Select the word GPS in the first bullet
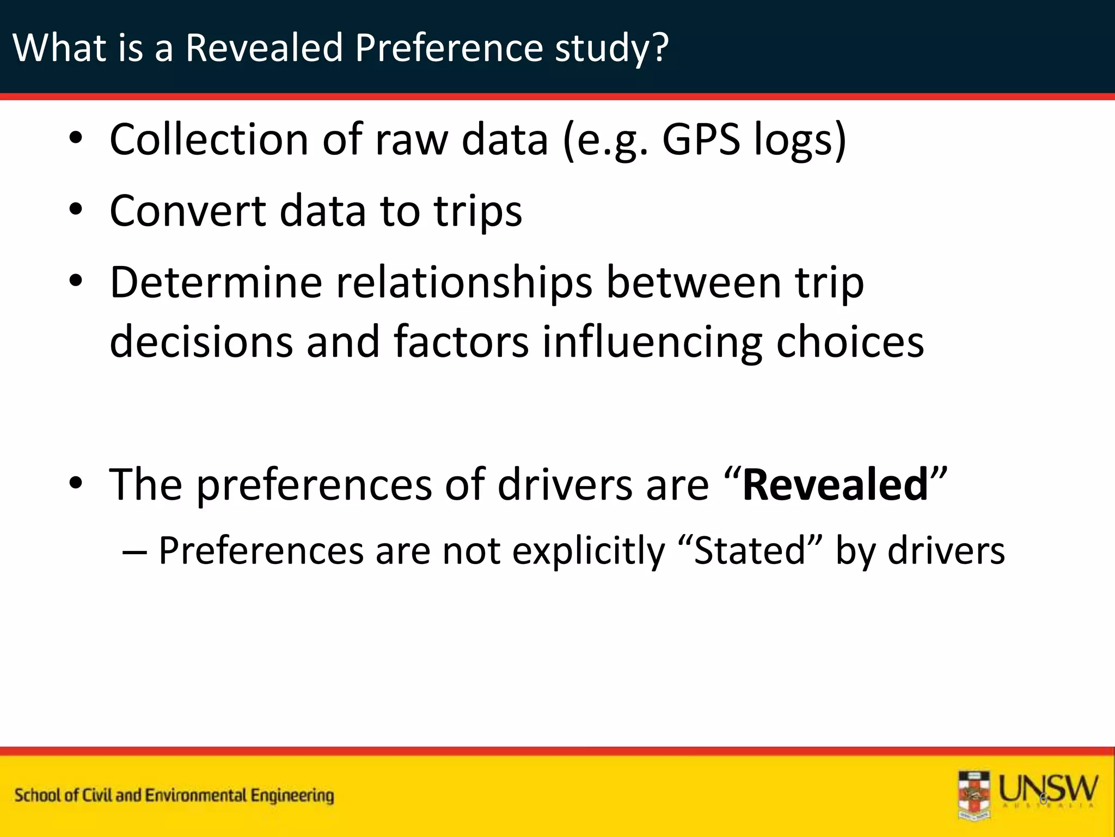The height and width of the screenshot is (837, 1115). point(701,139)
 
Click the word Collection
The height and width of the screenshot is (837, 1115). point(209,139)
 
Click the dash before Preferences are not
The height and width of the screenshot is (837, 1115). point(134,551)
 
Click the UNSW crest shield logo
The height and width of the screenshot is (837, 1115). point(974,796)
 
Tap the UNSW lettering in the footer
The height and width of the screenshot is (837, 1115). point(1049,789)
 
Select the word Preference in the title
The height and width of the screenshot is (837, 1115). point(449,48)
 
